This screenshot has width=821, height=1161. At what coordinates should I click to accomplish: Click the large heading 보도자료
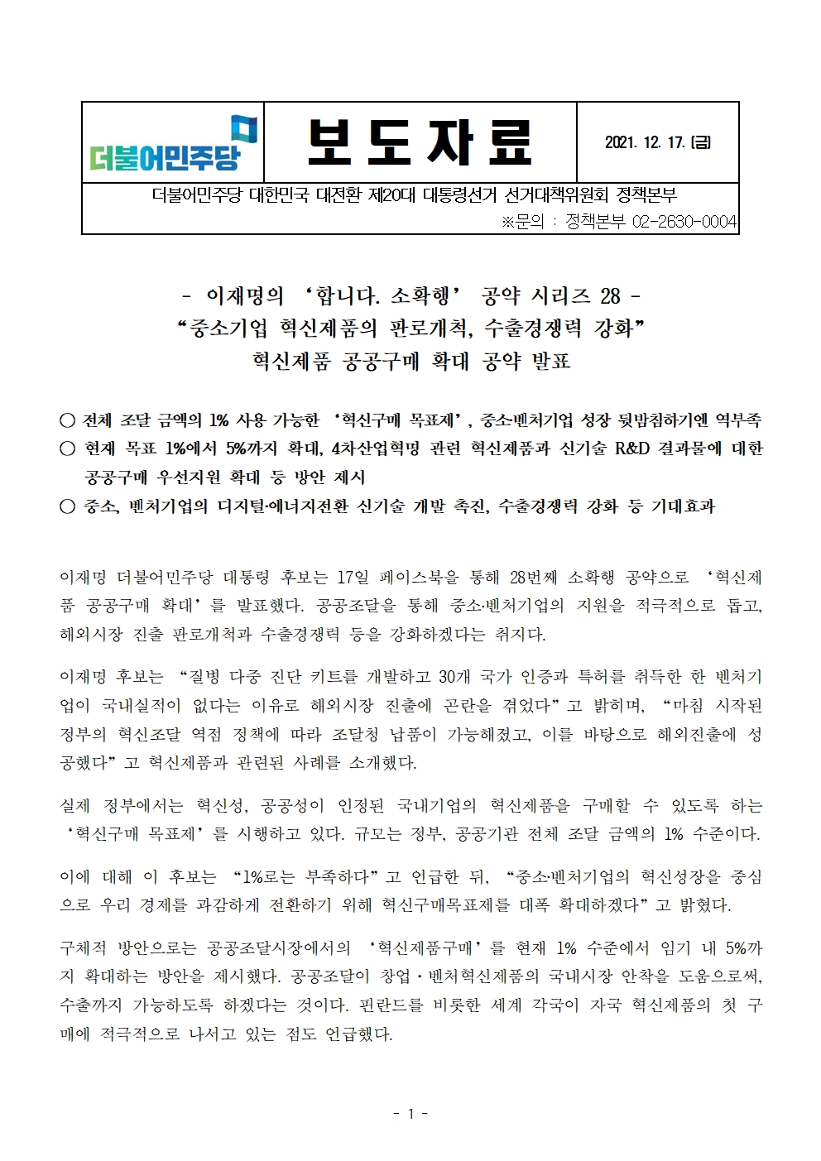[420, 142]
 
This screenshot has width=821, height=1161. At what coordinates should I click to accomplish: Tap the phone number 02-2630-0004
[684, 222]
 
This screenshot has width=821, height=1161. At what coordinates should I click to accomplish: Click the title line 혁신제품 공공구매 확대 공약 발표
[410, 362]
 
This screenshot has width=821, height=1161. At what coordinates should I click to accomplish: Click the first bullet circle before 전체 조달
[67, 420]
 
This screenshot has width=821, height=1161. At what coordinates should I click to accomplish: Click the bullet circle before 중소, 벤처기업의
[67, 506]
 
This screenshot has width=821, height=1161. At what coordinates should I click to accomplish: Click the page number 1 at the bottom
[410, 1114]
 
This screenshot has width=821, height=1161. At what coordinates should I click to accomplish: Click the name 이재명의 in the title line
[244, 295]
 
